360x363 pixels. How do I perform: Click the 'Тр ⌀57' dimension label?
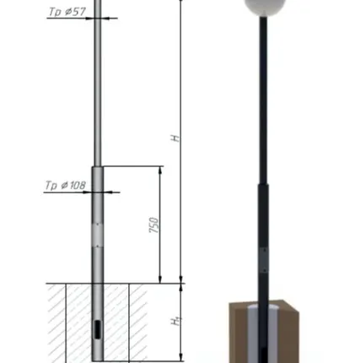67,12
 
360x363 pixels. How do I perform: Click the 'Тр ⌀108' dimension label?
65,185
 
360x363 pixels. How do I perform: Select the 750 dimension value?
154,225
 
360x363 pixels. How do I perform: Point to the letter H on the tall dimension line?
175,138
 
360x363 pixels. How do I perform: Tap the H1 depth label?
176,321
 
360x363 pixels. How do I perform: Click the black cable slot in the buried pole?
97,329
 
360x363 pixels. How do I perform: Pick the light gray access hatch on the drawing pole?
98,235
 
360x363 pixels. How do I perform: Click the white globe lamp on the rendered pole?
264,6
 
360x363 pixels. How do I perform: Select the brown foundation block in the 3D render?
264,332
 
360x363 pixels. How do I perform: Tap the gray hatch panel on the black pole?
264,261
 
